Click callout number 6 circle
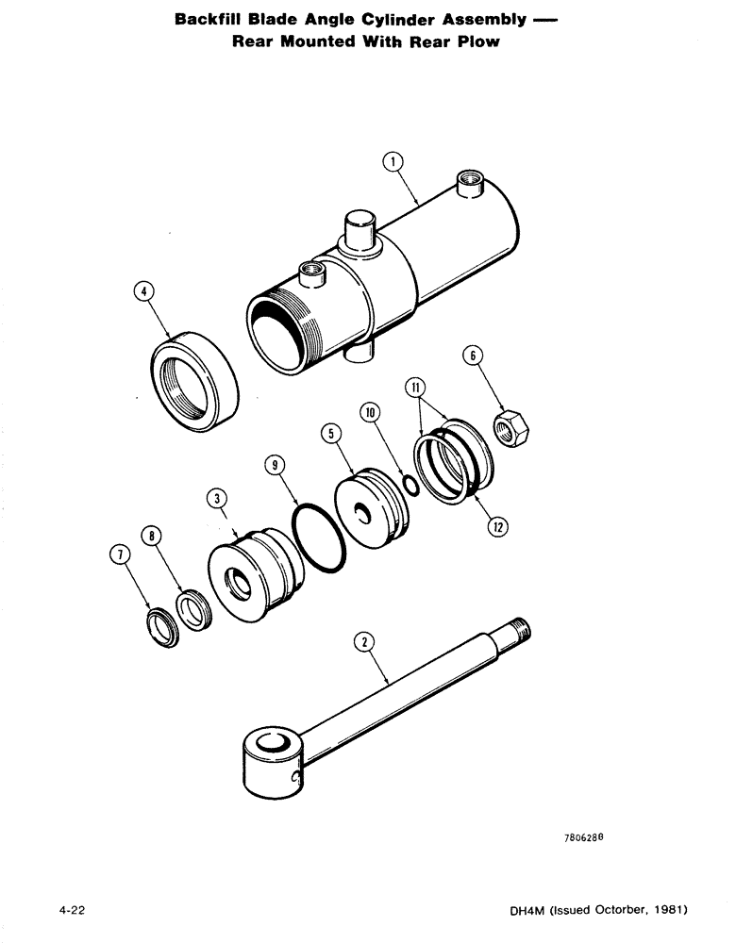point(474,356)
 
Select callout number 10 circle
point(370,414)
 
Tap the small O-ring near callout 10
point(408,484)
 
